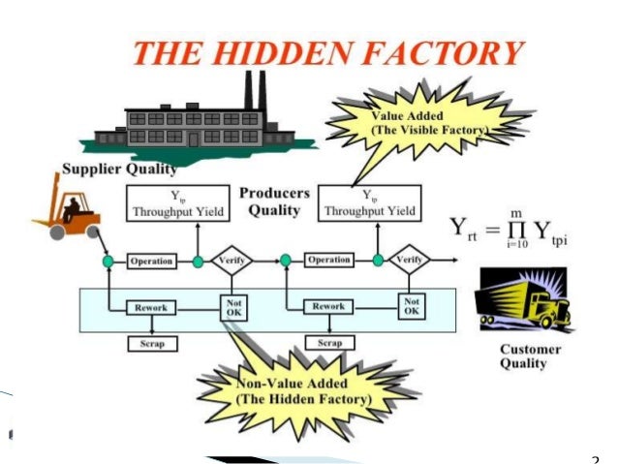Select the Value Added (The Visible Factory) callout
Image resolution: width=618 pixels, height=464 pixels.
pyautogui.click(x=426, y=121)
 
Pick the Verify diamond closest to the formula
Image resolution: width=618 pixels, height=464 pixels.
pyautogui.click(x=411, y=261)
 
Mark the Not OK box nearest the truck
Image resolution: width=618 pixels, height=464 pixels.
pyautogui.click(x=411, y=307)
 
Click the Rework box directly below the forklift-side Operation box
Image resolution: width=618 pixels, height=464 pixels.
pyautogui.click(x=151, y=307)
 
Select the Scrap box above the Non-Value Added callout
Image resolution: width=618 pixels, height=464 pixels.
pyautogui.click(x=329, y=342)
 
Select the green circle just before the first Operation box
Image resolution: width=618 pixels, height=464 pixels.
pyautogui.click(x=108, y=262)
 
